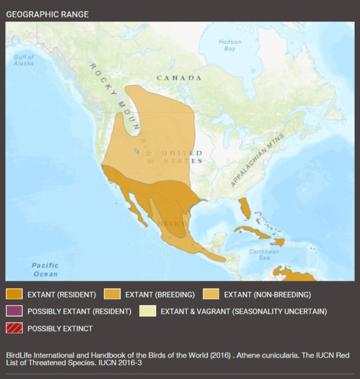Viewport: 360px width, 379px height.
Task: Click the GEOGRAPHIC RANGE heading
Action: (47, 13)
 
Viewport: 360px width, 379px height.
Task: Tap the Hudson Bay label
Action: (230, 45)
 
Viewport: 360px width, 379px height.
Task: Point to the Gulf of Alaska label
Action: (23, 59)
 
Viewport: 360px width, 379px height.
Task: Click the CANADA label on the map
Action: (179, 78)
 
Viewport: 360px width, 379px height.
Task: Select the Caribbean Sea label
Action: (265, 255)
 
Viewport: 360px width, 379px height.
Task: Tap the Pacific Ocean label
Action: (45, 270)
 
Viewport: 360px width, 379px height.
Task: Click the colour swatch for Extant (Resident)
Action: (14, 294)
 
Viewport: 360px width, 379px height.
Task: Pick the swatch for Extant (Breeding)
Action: (112, 294)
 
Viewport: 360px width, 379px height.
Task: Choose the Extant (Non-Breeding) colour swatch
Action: (210, 294)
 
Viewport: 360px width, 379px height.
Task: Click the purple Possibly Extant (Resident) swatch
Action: (14, 311)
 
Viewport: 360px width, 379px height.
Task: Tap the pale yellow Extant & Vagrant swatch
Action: (147, 311)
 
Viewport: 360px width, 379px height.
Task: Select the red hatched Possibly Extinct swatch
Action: (14, 328)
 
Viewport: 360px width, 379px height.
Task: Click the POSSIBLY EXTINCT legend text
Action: (60, 329)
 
